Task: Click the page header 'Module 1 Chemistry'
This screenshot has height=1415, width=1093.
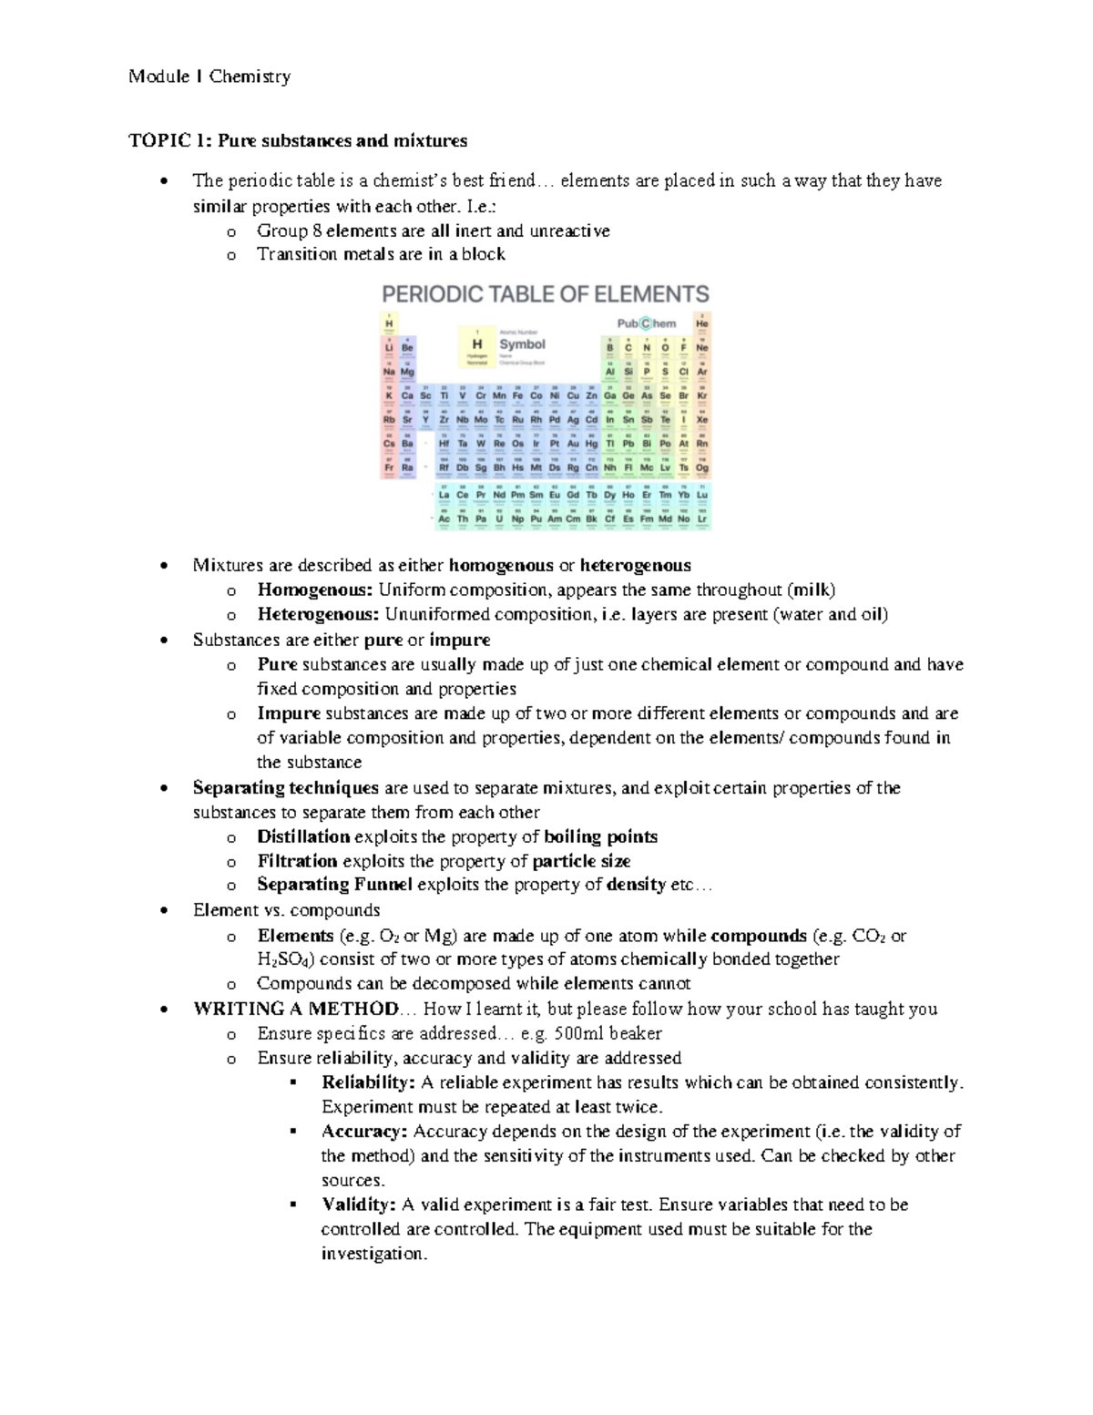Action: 209,77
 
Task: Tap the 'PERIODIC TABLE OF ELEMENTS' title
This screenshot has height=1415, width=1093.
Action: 545,294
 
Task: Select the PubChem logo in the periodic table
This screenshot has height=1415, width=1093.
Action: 647,323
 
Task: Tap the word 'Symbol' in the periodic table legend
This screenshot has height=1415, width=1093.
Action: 522,344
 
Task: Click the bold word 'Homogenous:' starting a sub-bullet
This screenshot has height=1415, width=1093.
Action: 315,590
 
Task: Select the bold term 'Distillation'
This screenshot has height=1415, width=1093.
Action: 303,836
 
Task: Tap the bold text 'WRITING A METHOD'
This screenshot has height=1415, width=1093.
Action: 296,1009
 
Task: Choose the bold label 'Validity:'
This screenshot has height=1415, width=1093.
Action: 359,1205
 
